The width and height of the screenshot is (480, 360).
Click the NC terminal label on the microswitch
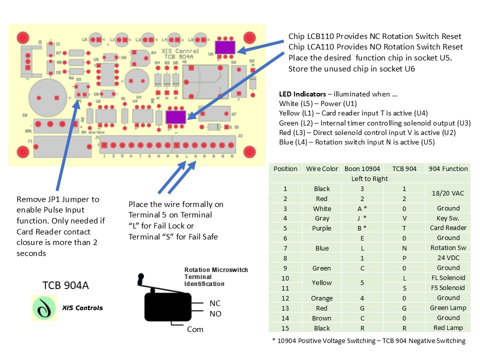[x=215, y=303]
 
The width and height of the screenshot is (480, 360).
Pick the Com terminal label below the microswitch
[x=195, y=329]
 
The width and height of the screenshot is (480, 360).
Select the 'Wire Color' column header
[x=322, y=168]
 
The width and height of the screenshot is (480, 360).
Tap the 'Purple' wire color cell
[x=322, y=228]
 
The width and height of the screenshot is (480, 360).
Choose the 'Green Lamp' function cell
[x=448, y=308]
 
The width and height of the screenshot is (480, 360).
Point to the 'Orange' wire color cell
[x=322, y=298]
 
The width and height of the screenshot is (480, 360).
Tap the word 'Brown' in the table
[x=322, y=318]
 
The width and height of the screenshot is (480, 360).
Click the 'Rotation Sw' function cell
[x=448, y=248]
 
